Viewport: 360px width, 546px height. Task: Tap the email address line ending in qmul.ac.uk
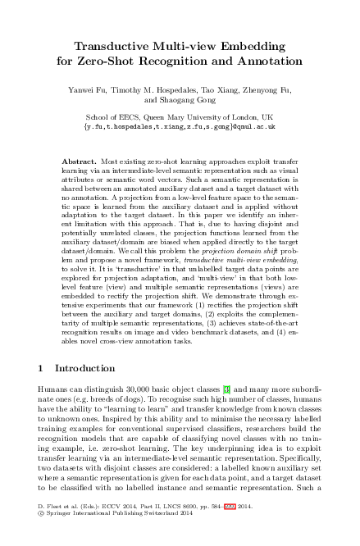click(x=180, y=127)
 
